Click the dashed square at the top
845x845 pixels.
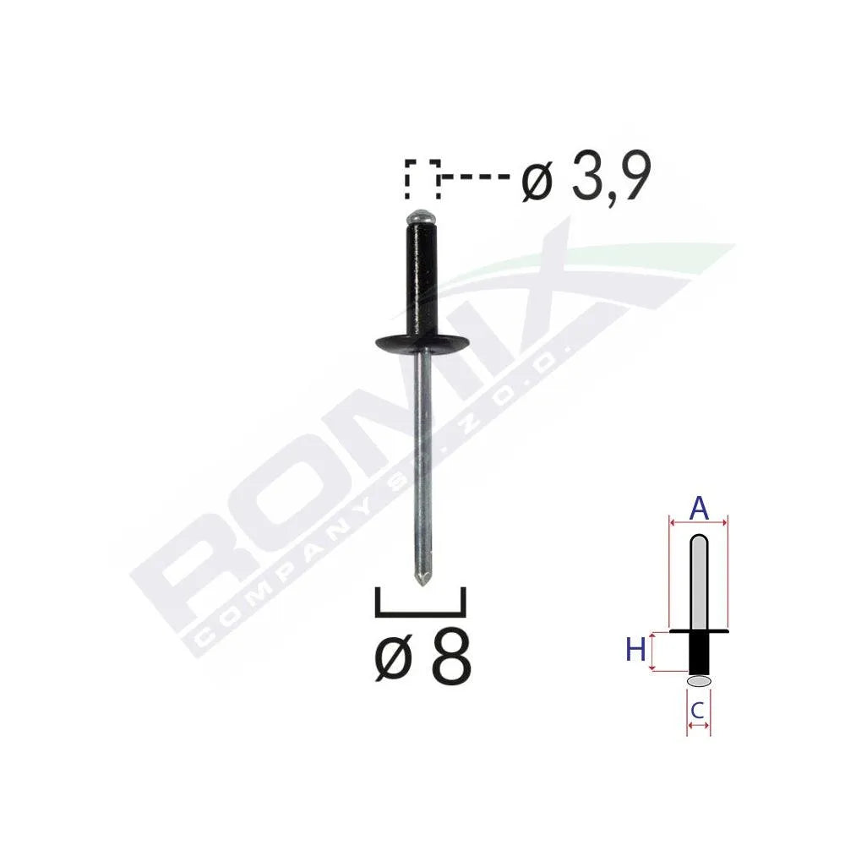[422, 178]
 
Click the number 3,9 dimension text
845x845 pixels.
[611, 179]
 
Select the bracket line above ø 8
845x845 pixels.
[420, 610]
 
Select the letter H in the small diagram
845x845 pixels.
[635, 651]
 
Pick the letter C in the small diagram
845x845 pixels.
[698, 711]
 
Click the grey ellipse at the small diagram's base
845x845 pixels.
[699, 680]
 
